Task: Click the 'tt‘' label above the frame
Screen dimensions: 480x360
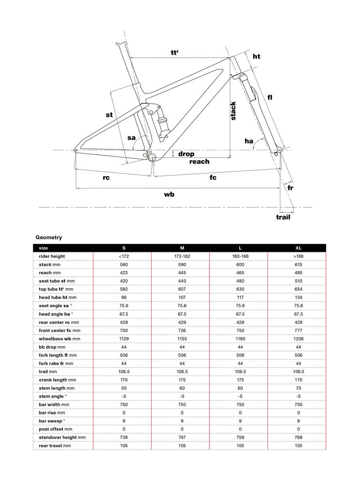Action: [174, 52]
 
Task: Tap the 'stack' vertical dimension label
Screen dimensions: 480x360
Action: [233, 111]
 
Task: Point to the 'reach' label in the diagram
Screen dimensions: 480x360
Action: [199, 162]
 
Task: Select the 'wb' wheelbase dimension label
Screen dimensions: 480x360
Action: [169, 194]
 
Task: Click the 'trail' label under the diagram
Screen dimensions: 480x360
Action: [283, 217]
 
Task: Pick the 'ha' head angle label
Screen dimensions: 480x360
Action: [249, 141]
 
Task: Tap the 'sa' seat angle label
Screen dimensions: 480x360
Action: [131, 138]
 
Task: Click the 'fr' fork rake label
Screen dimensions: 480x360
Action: [290, 187]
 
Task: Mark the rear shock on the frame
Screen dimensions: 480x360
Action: [163, 122]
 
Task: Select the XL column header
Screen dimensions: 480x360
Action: [298, 248]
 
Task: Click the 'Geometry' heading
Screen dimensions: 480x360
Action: [49, 238]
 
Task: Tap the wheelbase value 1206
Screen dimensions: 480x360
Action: [298, 338]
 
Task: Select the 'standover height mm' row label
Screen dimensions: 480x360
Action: [62, 437]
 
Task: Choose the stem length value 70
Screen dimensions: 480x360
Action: [298, 388]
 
